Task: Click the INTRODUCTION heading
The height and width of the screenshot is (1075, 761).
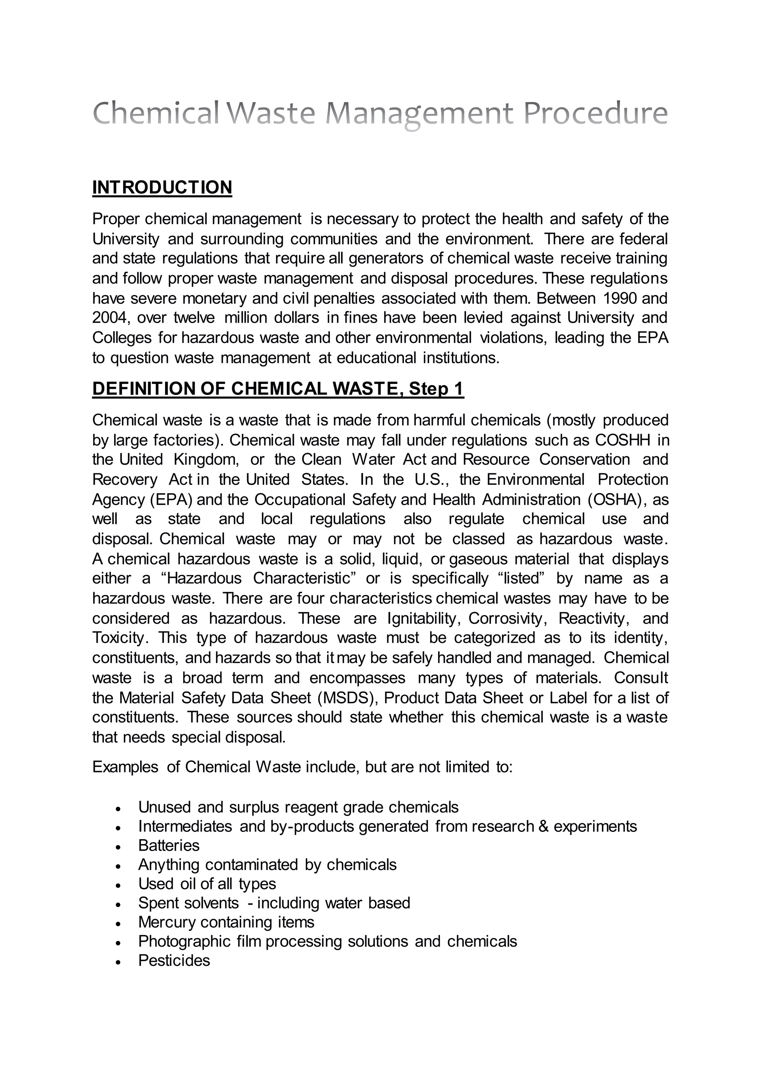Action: pos(162,187)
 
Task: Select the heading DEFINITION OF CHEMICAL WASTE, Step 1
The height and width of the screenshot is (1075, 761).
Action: pos(278,389)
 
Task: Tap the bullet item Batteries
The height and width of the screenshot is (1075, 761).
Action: pos(169,846)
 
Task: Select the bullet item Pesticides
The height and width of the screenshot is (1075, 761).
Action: pos(174,961)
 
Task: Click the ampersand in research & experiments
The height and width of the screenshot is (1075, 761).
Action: pos(544,827)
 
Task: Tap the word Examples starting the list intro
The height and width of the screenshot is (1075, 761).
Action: pos(125,767)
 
